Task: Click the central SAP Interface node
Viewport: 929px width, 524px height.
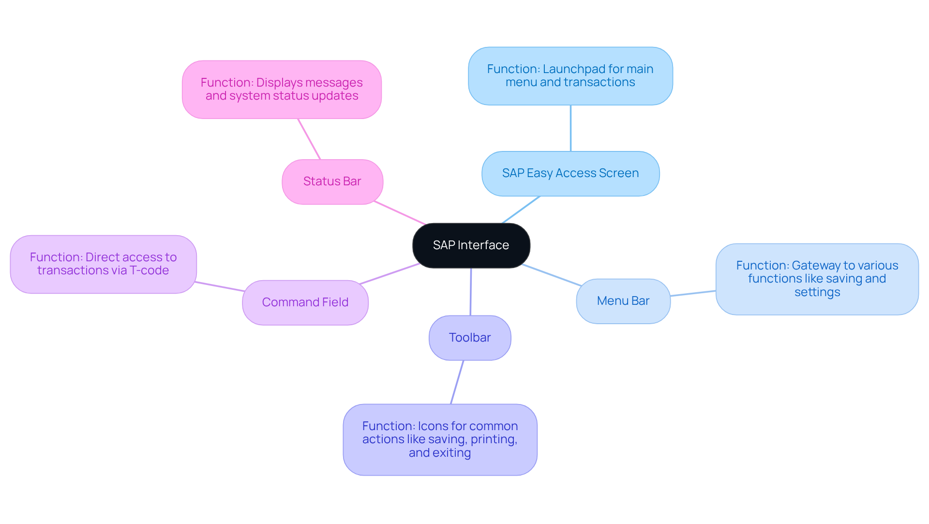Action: [x=471, y=245]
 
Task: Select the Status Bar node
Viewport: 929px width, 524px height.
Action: [x=332, y=181]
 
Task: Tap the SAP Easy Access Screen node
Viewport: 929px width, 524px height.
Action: [x=570, y=173]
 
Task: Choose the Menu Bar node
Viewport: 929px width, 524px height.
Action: [x=623, y=301]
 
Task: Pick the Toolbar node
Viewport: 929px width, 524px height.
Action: [x=470, y=338]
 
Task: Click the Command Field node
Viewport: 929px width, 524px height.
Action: [x=305, y=302]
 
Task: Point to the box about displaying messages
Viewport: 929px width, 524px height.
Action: [x=282, y=90]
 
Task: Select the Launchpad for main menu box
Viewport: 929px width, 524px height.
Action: [x=570, y=76]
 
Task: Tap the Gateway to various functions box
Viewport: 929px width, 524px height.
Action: [x=817, y=279]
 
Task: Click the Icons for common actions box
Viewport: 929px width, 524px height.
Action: [x=440, y=439]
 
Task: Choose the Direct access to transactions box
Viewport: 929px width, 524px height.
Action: [x=103, y=264]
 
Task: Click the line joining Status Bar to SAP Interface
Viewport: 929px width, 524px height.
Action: [x=400, y=213]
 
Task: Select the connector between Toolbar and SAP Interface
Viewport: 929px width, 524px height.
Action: [x=471, y=292]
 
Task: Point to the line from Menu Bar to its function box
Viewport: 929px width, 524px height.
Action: [x=693, y=293]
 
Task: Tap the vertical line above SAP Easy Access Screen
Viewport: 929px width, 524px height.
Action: [x=570, y=128]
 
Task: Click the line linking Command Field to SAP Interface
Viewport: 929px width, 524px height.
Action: [x=390, y=274]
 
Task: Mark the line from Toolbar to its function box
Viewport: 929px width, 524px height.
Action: [x=457, y=382]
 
